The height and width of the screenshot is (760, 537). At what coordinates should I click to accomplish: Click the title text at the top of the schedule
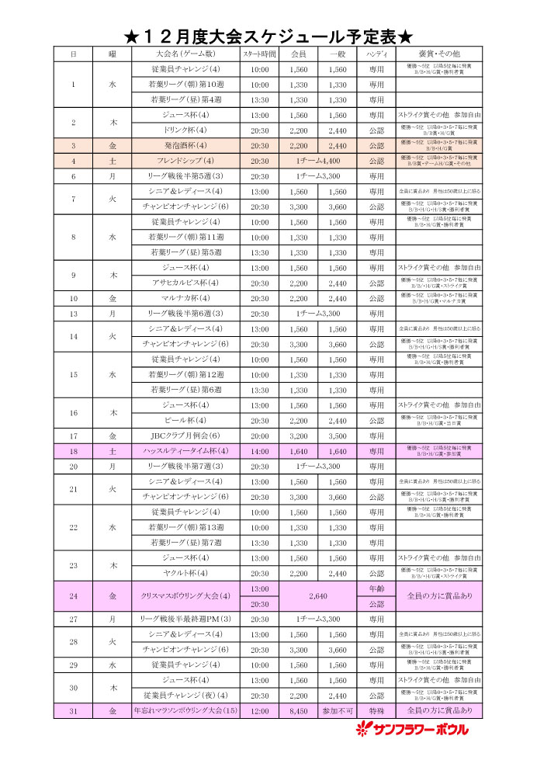pyautogui.click(x=268, y=36)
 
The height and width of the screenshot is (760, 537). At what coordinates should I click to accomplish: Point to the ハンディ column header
pyautogui.click(x=376, y=54)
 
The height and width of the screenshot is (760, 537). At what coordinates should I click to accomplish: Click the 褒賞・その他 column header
pyautogui.click(x=439, y=54)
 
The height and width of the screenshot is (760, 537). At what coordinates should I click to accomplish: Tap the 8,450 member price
pyautogui.click(x=299, y=710)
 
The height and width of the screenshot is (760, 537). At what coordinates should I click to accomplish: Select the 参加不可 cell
pyautogui.click(x=338, y=710)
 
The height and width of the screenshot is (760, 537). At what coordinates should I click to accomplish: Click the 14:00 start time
pyautogui.click(x=260, y=451)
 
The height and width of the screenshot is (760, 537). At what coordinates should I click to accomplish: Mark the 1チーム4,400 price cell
pyautogui.click(x=318, y=161)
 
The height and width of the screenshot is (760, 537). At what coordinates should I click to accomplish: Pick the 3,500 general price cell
pyautogui.click(x=338, y=436)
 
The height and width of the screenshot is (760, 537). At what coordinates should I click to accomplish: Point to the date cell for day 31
pyautogui.click(x=73, y=710)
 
